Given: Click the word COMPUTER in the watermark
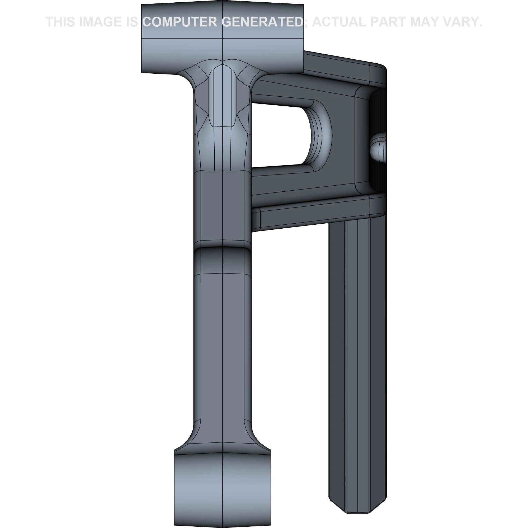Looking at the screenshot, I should click(180, 22).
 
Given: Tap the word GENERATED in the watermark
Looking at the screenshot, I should click(262, 22).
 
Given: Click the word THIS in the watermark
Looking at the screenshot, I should click(61, 22).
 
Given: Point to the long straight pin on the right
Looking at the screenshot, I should click(357, 355).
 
